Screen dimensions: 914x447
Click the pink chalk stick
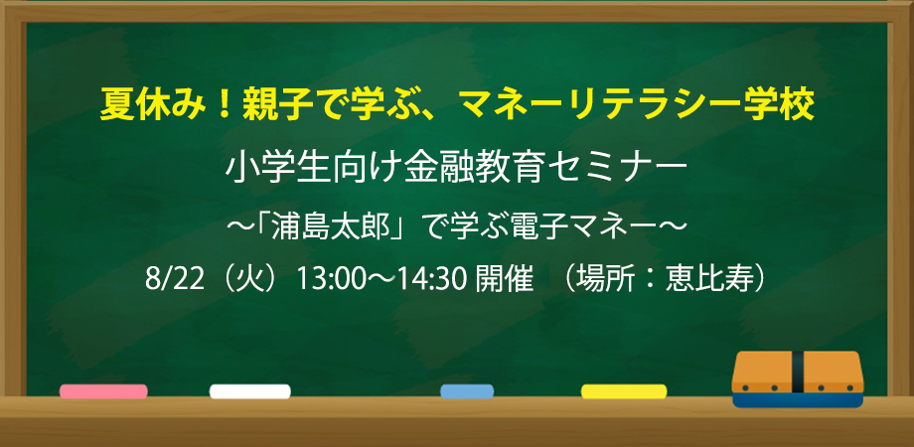point(103,391)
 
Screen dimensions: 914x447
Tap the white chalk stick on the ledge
point(250,391)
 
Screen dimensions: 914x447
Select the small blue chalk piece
point(467,391)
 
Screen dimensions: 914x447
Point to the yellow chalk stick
point(624,391)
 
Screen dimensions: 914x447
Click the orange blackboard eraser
point(798,378)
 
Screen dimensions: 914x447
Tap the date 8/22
point(174,280)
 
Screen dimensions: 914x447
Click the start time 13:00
point(324,280)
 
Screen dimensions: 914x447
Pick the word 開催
point(505,280)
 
